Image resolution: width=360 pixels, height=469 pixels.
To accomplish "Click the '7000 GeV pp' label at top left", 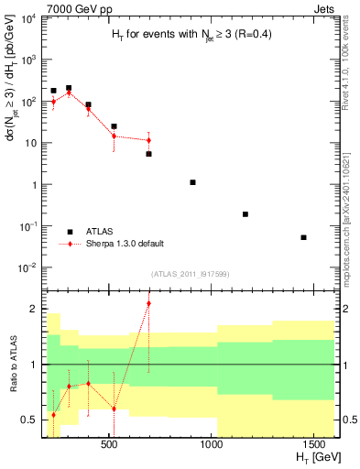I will click(71, 7).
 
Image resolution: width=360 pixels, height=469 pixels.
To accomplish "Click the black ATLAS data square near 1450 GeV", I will click(303, 237).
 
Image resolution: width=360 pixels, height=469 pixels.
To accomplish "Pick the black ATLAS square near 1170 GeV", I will click(245, 213).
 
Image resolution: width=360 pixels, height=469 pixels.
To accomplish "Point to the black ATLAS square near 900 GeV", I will click(192, 182).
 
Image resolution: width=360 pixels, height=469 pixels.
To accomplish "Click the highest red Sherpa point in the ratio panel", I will click(148, 303).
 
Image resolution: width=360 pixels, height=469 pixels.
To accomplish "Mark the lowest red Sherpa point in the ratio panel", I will click(53, 415).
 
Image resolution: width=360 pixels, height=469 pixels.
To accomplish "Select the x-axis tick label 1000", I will click(213, 444).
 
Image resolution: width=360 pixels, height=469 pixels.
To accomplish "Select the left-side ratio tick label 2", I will click(34, 309).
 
